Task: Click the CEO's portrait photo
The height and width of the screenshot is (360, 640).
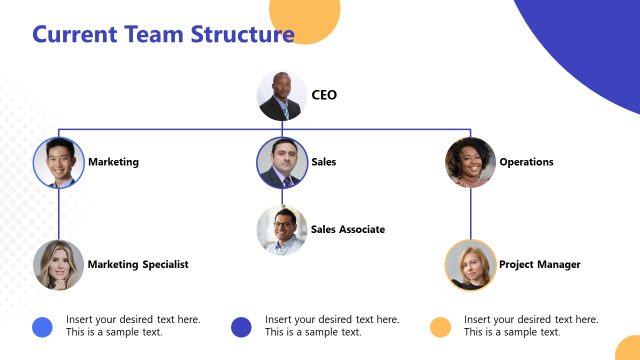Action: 282,96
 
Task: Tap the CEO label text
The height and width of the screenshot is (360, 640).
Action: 324,96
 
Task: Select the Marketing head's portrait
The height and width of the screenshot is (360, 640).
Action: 58,162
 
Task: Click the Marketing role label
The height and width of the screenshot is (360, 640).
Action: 113,162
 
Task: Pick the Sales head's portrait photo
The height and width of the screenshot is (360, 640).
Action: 281,162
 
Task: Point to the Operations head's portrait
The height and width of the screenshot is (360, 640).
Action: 470,162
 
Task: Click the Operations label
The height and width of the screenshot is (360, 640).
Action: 526,162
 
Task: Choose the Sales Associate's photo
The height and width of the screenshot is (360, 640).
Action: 281,230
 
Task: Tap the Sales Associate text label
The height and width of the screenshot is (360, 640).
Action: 347,230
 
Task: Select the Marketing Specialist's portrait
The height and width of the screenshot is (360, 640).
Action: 58,265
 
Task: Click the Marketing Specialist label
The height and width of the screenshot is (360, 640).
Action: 138,265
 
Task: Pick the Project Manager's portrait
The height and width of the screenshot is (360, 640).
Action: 470,265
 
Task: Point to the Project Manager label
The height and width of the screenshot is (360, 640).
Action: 539,265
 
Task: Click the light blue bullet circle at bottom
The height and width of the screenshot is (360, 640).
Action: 42,326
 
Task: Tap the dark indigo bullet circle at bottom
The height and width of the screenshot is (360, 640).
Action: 241,326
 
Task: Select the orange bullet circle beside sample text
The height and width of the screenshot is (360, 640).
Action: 440,326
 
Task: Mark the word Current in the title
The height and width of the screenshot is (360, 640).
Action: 75,35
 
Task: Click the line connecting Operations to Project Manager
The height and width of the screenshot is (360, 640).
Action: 470,213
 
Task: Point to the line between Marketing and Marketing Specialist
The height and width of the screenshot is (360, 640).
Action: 58,213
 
